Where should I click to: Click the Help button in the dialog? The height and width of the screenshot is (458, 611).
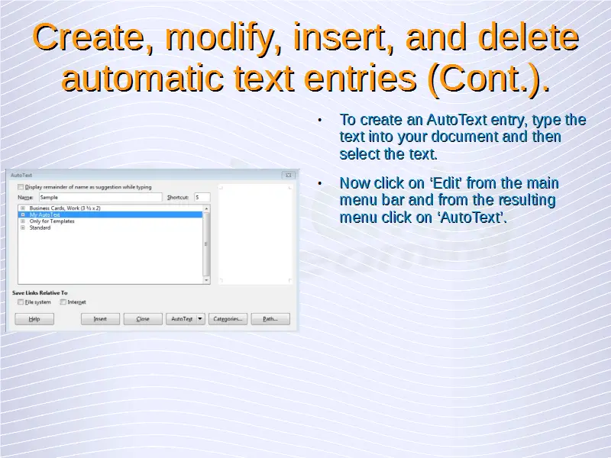(x=34, y=319)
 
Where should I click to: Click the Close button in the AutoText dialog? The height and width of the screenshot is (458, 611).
(x=143, y=319)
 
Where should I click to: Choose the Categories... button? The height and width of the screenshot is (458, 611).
(x=228, y=319)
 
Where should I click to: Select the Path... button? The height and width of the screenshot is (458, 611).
(x=270, y=319)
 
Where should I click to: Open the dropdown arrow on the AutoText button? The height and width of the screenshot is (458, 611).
(x=200, y=319)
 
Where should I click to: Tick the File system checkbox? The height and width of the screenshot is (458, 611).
(x=21, y=302)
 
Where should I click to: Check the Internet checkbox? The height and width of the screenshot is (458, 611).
(x=63, y=302)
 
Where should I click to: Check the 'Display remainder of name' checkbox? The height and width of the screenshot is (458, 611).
(x=21, y=187)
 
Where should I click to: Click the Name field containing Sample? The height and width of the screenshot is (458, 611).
(x=101, y=198)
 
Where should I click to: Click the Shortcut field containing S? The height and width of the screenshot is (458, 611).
(x=202, y=198)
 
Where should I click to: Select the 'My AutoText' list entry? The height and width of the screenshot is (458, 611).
(x=45, y=214)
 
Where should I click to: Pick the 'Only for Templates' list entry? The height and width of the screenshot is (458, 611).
(x=52, y=221)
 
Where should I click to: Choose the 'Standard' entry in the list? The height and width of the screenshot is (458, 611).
(x=40, y=227)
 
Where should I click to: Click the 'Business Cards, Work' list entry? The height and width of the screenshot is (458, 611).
(x=65, y=208)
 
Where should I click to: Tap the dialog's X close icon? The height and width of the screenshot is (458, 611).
(x=289, y=176)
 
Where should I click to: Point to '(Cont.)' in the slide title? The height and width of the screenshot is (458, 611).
(x=489, y=79)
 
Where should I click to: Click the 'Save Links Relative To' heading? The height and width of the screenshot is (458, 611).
(x=40, y=293)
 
